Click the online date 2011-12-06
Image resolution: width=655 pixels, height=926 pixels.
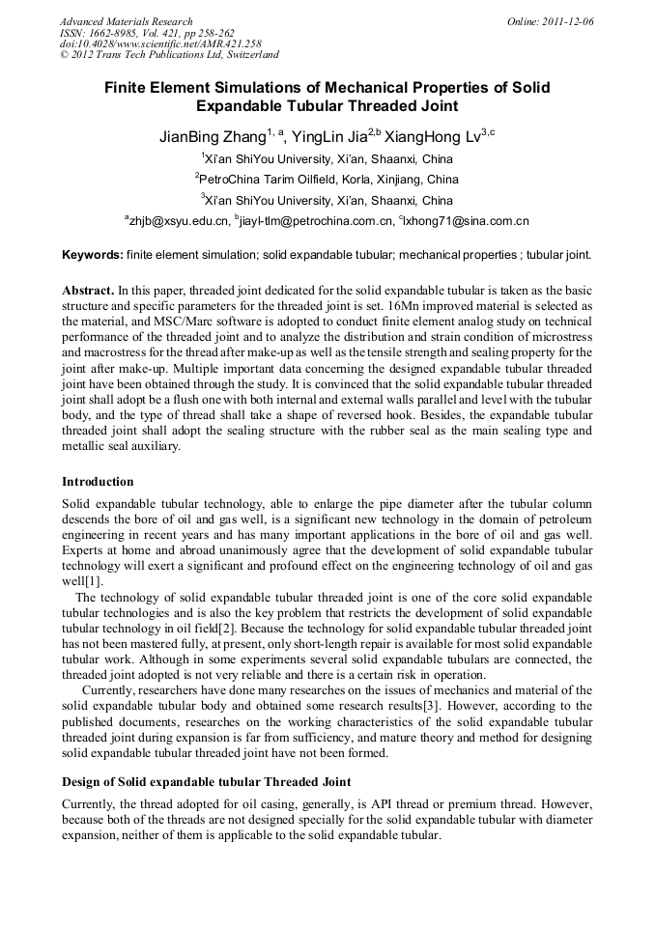click(564, 21)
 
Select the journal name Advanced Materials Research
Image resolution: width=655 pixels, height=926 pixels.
click(127, 21)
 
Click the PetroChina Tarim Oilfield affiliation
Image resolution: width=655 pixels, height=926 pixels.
click(328, 180)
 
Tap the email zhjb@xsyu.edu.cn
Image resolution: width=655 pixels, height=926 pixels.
click(181, 221)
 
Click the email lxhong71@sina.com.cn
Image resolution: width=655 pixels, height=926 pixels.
click(466, 221)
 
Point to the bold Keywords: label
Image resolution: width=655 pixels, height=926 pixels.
click(92, 255)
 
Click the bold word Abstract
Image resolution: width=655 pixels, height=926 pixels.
click(88, 291)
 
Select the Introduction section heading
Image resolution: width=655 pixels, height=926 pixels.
click(98, 481)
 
